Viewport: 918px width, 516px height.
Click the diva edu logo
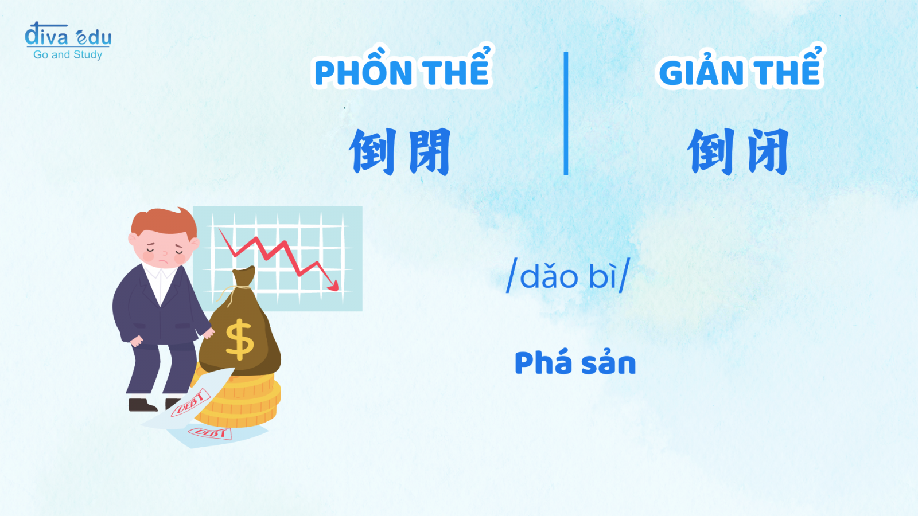point(68,40)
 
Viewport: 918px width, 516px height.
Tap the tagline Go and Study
point(68,54)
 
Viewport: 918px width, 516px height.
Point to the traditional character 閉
point(430,151)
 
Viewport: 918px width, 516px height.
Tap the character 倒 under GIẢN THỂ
point(710,151)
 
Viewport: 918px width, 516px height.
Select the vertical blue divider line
point(566,114)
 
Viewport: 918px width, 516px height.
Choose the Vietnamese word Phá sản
point(575,363)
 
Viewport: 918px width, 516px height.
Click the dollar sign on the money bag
point(239,339)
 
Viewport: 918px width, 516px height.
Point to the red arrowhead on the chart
point(333,286)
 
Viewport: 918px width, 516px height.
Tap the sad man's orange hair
point(164,223)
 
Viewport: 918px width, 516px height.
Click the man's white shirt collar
point(160,272)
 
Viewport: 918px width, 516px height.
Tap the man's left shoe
point(143,405)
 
